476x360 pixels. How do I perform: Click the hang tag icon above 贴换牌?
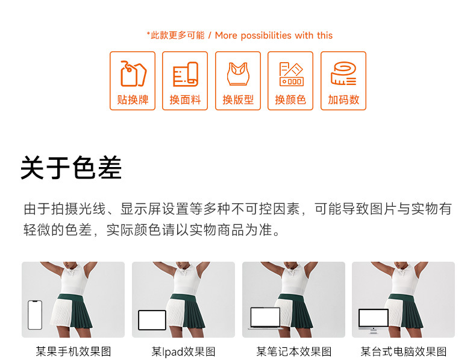[133, 74]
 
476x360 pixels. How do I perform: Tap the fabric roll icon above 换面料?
[186, 74]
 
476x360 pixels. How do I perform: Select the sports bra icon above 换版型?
[239, 74]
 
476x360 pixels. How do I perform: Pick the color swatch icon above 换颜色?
[291, 74]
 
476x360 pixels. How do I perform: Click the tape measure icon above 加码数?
[343, 74]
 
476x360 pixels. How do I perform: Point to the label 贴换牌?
[133, 99]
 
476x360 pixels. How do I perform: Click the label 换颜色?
[290, 99]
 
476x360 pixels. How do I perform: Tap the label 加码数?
[343, 99]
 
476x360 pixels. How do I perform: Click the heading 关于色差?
[71, 168]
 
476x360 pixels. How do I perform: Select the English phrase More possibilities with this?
[274, 36]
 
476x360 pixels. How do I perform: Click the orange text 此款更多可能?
[178, 35]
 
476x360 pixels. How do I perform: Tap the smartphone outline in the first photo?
[35, 315]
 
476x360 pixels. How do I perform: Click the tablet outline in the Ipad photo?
[152, 320]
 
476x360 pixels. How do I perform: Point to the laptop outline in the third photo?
[265, 318]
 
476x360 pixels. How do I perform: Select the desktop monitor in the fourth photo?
[374, 321]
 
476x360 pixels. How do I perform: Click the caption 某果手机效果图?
[74, 352]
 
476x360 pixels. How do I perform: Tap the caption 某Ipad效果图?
[183, 352]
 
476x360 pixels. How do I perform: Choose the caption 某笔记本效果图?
[294, 352]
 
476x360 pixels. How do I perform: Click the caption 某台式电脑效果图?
[404, 352]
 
